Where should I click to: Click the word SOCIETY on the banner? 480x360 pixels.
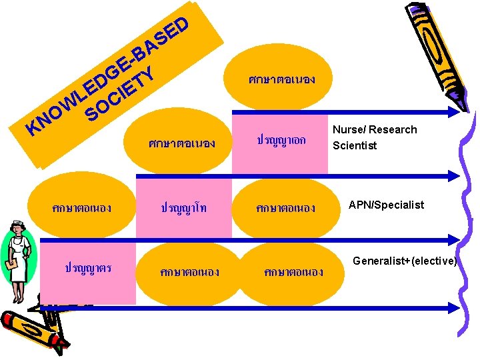click(x=121, y=93)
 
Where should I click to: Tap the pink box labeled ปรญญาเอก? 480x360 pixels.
click(x=281, y=140)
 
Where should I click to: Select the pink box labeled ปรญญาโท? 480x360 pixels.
click(x=184, y=207)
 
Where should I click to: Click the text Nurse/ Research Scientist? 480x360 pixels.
click(x=374, y=137)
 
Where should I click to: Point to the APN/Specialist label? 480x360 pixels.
click(x=386, y=205)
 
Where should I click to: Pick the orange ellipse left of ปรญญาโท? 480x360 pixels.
click(x=81, y=207)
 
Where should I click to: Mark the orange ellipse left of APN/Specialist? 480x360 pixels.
click(x=281, y=207)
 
